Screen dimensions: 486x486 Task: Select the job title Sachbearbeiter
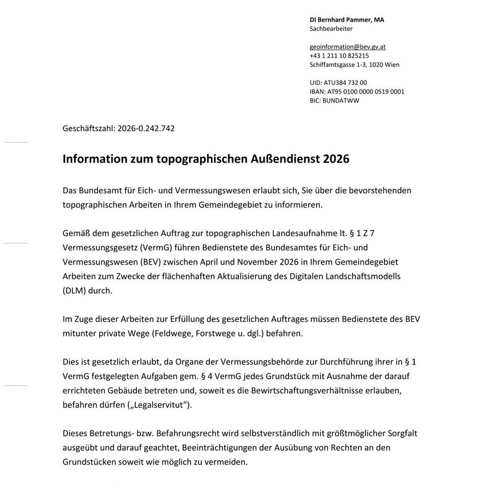pos(331,29)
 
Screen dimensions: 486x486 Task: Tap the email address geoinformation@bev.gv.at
pos(347,47)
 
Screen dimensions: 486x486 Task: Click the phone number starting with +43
pos(339,56)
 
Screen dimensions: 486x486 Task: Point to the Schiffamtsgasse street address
pos(354,64)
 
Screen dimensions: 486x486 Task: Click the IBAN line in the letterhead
pos(357,91)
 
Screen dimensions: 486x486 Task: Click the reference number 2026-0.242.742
pos(145,128)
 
